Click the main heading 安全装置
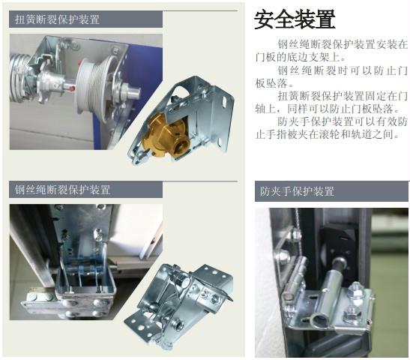[295, 19]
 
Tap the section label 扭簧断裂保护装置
[57, 19]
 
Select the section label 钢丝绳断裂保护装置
[62, 190]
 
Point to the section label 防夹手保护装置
[297, 191]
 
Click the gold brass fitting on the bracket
[166, 136]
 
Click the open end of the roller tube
[319, 320]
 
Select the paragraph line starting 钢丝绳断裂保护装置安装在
[343, 44]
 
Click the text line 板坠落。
[274, 83]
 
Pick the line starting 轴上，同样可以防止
[328, 109]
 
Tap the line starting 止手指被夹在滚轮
[328, 134]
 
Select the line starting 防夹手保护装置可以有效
[343, 121]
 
